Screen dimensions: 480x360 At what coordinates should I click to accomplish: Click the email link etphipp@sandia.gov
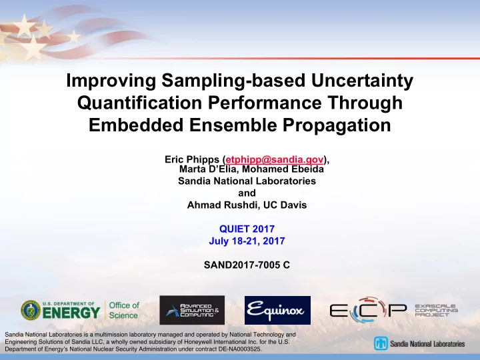point(275,159)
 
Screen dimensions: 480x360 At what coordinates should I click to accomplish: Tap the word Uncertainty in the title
point(362,81)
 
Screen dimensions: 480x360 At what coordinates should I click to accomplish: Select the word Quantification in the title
point(139,103)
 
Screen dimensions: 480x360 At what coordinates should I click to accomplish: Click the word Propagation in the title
point(337,125)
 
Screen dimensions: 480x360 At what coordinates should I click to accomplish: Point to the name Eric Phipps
point(192,159)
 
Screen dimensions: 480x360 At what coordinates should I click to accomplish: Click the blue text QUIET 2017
point(247,229)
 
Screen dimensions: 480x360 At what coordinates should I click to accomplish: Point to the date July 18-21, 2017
point(247,241)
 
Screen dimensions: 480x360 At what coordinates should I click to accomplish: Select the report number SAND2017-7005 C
point(247,265)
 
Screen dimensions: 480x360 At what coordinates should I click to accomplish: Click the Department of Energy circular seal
point(31,311)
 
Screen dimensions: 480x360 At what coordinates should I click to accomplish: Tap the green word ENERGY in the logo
point(71,313)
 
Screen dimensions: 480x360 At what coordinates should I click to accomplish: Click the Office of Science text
point(124,310)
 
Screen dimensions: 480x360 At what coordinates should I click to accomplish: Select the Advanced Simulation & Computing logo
point(192,310)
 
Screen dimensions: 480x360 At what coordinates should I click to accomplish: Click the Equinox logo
point(277,310)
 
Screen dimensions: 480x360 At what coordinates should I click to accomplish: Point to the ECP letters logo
point(368,310)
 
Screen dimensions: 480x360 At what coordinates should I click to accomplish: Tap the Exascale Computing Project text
point(436,310)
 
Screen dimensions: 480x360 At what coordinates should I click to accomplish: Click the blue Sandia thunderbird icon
point(381,343)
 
